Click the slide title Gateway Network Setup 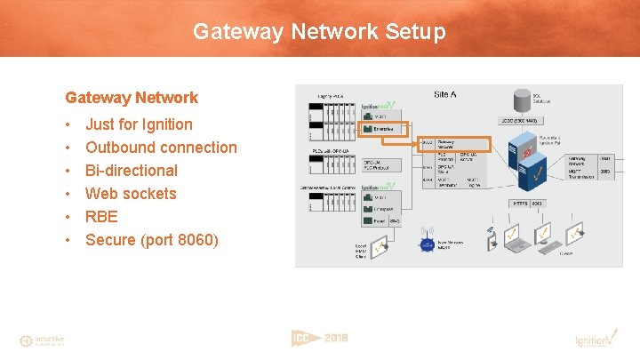[x=319, y=33]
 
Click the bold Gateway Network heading [x=132, y=98]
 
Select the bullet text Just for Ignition [x=139, y=124]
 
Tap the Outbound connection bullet [x=161, y=148]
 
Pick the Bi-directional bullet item [x=132, y=171]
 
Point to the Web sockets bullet [x=131, y=194]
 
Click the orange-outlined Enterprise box [x=382, y=129]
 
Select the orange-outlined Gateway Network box [x=453, y=143]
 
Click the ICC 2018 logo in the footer [x=319, y=339]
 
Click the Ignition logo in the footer [x=592, y=340]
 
